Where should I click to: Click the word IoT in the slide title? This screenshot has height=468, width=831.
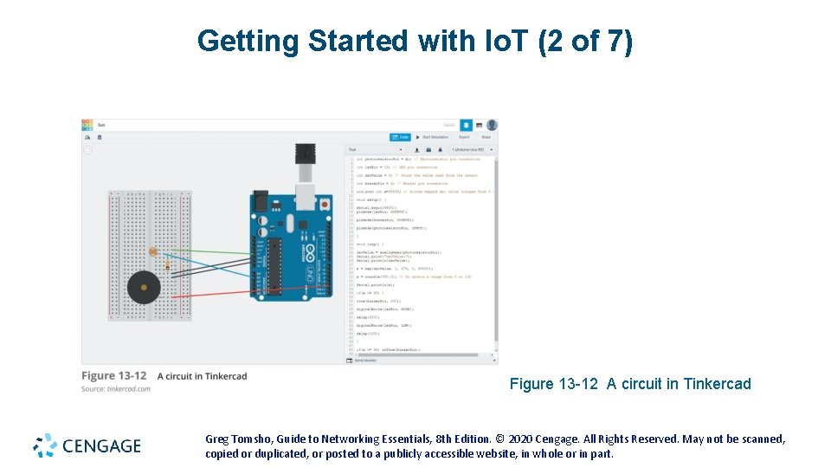point(506,41)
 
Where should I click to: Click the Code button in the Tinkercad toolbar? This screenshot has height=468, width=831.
point(400,137)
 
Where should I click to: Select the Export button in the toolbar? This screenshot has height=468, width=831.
point(464,137)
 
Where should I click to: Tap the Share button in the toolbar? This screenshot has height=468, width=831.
point(486,137)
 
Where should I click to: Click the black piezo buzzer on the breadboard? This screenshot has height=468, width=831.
point(142,286)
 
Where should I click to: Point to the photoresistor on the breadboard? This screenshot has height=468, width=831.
point(153,251)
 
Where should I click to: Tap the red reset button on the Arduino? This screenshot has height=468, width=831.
point(322,205)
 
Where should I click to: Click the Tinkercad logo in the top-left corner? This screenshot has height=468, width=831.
point(87,125)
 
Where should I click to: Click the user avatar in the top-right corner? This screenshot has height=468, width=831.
point(492,125)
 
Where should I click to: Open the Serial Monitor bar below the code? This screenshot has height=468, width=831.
point(364,360)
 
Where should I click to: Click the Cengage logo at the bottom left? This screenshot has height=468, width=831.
point(87,445)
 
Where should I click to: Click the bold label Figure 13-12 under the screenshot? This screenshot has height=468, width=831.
point(113,376)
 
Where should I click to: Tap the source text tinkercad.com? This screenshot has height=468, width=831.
point(129,389)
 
